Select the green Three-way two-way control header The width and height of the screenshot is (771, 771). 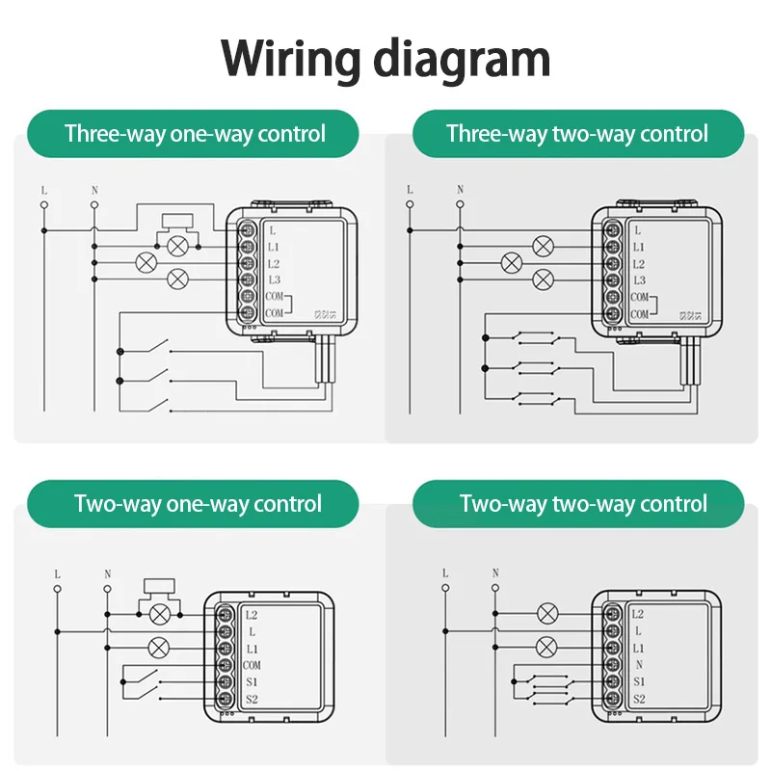coord(577,134)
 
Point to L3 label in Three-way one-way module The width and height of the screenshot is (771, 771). coord(274,280)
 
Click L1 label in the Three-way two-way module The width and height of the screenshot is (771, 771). coord(639,248)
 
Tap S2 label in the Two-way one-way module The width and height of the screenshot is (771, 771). coord(252,700)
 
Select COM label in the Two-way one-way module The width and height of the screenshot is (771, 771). coord(252,665)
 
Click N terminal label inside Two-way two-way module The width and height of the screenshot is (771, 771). coord(638,665)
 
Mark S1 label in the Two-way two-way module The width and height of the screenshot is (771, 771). coord(639,682)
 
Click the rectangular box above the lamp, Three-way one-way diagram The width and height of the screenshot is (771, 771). coord(178,221)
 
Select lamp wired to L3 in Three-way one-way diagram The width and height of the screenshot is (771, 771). coord(177,280)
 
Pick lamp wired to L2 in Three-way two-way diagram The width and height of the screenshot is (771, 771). coord(512,262)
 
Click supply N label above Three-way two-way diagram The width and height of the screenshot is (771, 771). coord(460,189)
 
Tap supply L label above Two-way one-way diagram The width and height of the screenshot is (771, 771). coord(58,573)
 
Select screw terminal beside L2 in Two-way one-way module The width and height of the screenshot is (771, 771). coord(226,613)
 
